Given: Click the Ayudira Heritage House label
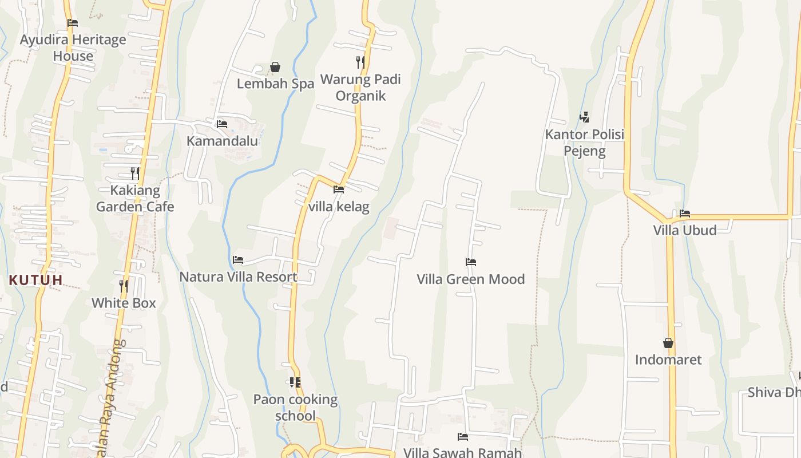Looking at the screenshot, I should coord(73,48).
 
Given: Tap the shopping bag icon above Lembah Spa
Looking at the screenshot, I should coord(275,68).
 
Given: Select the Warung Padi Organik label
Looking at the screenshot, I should coord(360,88).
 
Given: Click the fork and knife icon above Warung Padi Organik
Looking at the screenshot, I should coord(360,62).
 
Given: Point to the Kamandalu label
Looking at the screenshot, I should coord(223,141).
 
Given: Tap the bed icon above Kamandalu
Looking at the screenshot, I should coord(222,124).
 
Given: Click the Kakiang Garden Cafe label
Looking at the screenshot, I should coord(135,198).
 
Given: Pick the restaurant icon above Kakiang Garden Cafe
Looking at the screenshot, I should coord(135,173).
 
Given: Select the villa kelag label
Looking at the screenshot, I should coord(339,207).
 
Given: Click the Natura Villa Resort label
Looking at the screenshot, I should coord(238,277).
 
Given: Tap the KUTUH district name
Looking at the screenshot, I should coord(35,280).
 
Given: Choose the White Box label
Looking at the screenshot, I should coord(124,303).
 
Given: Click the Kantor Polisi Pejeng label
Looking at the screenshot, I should coord(584,143).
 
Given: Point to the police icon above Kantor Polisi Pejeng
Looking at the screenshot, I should coord(584,117).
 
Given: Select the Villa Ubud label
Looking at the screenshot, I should coord(685,230).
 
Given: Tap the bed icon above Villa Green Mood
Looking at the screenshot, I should coord(471,262).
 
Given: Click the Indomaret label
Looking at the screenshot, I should coord(668,360).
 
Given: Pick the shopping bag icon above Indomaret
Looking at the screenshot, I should coord(668,343).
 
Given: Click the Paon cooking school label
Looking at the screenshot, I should coord(295,407).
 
